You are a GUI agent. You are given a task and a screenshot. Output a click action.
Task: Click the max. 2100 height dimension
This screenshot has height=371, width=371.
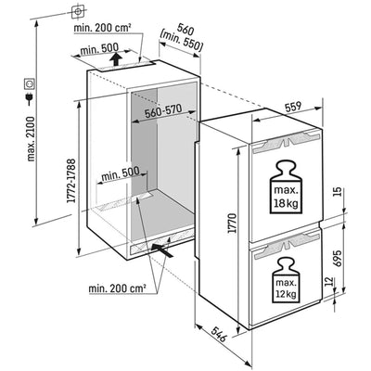pyautogui.click(x=32, y=139)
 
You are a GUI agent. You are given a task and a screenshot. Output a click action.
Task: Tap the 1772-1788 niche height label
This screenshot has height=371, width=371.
pyautogui.click(x=71, y=181)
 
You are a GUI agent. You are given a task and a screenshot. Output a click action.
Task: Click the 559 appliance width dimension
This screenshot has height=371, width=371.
pyautogui.click(x=293, y=107)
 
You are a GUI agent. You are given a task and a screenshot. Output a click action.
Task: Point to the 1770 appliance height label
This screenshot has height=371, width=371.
pyautogui.click(x=232, y=223)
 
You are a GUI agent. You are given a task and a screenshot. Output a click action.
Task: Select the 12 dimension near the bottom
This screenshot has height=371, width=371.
pyautogui.click(x=330, y=281)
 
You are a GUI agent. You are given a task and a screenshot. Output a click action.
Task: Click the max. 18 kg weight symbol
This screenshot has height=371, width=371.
pyautogui.click(x=286, y=186)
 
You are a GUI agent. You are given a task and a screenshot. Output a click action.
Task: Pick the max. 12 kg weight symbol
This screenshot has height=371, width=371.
pyautogui.click(x=287, y=280)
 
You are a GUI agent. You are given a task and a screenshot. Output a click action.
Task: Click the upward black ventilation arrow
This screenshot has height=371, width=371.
pyautogui.click(x=116, y=59)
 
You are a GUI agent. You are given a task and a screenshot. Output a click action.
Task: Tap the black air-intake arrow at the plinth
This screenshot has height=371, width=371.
pyautogui.click(x=161, y=249)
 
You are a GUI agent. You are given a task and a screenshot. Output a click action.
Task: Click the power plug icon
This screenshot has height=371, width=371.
pyautogui.click(x=31, y=98)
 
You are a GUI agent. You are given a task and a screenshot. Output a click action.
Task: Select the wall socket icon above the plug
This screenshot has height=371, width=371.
pyautogui.click(x=30, y=83)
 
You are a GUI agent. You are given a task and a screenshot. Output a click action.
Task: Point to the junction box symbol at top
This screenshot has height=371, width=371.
pyautogui.click(x=78, y=12)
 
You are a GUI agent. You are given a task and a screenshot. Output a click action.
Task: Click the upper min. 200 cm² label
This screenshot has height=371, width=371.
pyautogui.click(x=102, y=28)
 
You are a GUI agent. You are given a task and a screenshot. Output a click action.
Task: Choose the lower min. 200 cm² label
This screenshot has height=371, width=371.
pyautogui.click(x=117, y=289)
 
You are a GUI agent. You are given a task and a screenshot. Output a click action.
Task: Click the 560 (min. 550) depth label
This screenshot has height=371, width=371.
pyautogui.click(x=183, y=38)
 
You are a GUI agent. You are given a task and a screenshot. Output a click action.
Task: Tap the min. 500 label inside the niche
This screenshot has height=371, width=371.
pyautogui.click(x=120, y=175)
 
